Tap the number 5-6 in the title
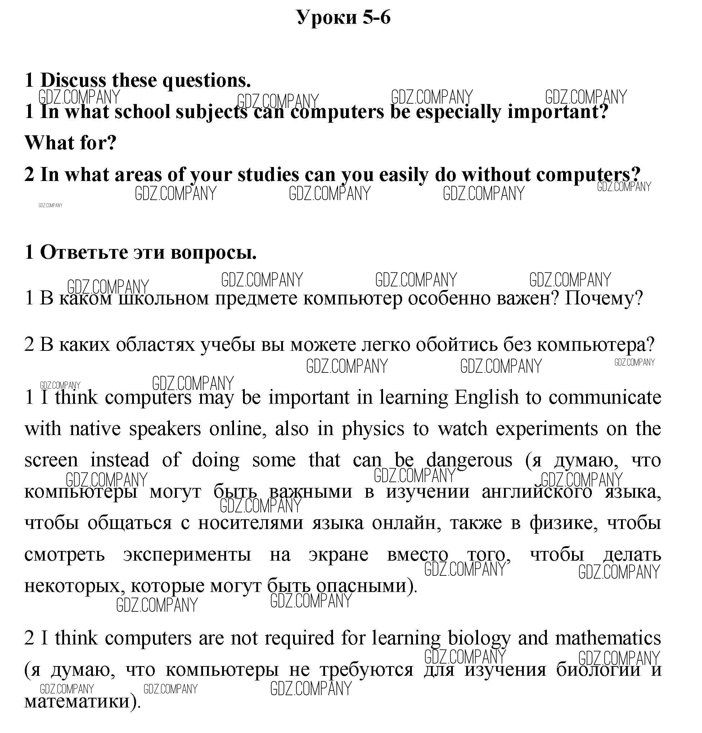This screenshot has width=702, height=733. coord(376,17)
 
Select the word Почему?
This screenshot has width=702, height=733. coord(603,298)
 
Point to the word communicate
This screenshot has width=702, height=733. coord(605,398)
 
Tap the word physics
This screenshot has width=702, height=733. coord(373,429)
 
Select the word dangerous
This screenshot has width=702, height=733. coord(469,460)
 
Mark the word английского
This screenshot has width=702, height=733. coord(537,492)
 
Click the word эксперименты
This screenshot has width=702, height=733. coord(187,554)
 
